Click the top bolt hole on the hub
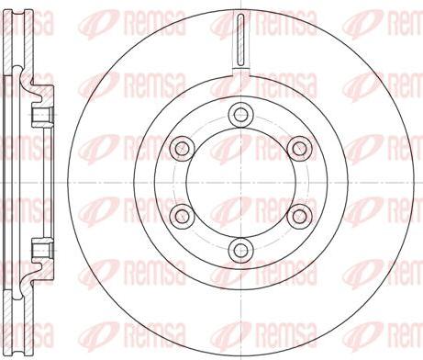(240, 114)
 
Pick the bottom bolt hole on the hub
(240, 248)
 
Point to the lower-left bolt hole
(182, 215)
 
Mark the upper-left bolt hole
(182, 147)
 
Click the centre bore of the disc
(240, 181)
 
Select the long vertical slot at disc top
(239, 41)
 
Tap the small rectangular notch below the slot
(239, 71)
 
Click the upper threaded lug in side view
(41, 114)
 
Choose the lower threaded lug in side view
(41, 248)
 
